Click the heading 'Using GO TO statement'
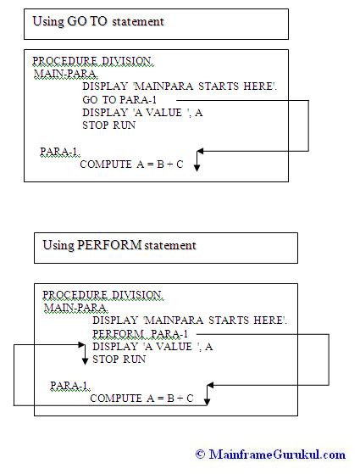[98, 22]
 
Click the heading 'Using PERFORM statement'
[119, 245]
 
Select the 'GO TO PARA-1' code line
[119, 99]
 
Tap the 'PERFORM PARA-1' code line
[140, 334]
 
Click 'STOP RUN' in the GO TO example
[109, 125]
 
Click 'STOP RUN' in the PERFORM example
[119, 360]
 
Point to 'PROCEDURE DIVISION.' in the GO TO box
[93, 61]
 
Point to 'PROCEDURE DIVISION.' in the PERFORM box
[103, 295]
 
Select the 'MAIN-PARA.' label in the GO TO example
[66, 74]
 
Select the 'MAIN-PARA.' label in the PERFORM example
[76, 308]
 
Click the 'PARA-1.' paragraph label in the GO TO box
[60, 151]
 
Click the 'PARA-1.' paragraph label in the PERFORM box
[70, 386]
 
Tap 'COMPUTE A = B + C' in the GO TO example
[131, 165]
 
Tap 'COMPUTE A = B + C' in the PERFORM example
[141, 399]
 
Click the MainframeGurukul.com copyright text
[270, 454]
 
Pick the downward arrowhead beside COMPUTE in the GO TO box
[197, 168]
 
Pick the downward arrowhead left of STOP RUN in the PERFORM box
[85, 360]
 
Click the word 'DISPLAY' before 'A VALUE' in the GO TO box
[105, 113]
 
